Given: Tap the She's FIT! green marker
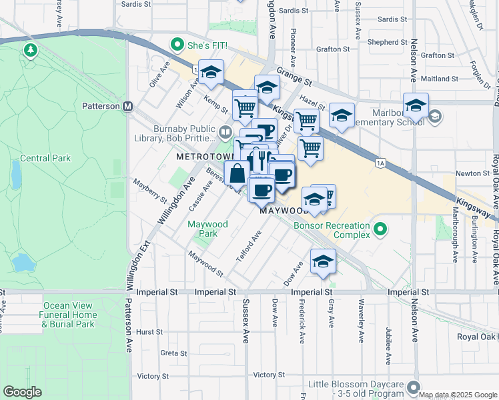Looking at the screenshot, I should click(177, 45).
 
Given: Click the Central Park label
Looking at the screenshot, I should click(45, 159).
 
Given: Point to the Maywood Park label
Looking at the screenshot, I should click(207, 229).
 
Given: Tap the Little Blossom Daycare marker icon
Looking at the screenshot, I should click(414, 387).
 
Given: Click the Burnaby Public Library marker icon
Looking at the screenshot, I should click(224, 132).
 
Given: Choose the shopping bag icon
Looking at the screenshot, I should click(237, 175).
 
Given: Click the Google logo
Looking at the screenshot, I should click(22, 392).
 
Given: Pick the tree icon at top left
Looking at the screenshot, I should click(30, 50).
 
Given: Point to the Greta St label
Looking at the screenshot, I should click(173, 353).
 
